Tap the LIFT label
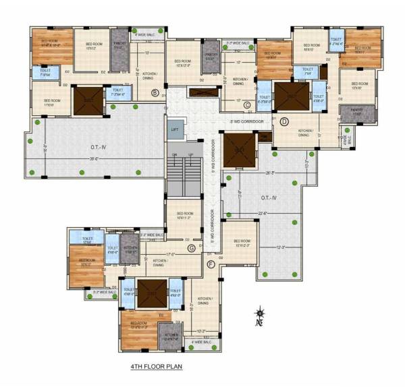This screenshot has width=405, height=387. coord(175,129)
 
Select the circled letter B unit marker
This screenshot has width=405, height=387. coord(155,92)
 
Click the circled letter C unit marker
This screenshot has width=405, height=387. coord(247,104)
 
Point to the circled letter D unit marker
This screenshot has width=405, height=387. coord(284,121)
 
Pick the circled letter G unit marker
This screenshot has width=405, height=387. coord(192,249)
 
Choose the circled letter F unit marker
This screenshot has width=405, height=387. coord(211,264)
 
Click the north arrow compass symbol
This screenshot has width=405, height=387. coord(259,314)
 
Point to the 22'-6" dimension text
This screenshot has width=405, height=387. coord(249,214)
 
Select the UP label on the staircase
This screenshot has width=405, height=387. coord(191,156)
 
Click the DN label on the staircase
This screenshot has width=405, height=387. coord(173,156)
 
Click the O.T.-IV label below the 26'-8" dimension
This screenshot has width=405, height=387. coord(268,198)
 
